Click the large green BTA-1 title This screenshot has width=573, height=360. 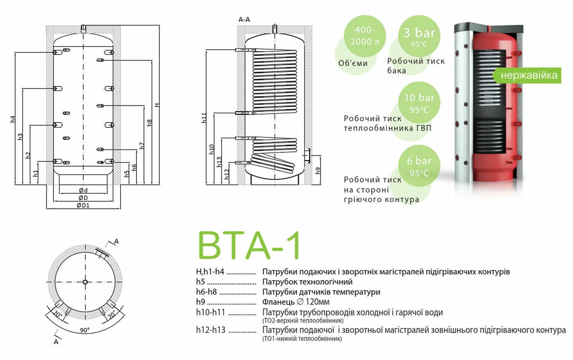tap(249, 245)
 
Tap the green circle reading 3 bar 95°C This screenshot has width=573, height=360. tap(419, 37)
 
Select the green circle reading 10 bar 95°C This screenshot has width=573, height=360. tap(419, 103)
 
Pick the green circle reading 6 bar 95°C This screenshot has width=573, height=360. tap(419, 166)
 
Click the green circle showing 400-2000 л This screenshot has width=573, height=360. tap(364, 36)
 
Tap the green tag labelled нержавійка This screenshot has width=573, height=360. tap(528, 75)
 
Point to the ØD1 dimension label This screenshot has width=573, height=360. tap(83, 205)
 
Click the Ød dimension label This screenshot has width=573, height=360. tap(83, 190)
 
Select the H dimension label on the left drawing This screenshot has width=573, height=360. tap(157, 105)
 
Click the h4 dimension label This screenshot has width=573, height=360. tap(12, 119)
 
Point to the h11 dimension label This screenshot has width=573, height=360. tap(204, 118)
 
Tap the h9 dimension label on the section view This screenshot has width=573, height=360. tap(318, 170)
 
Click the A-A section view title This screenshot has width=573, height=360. tap(244, 19)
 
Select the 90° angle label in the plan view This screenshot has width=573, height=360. tap(84, 330)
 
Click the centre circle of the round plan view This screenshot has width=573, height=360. tap(85, 282)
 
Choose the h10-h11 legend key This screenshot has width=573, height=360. tap(210, 312)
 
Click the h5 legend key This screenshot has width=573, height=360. tap(200, 282)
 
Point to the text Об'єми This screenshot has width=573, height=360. tap(353, 63)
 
